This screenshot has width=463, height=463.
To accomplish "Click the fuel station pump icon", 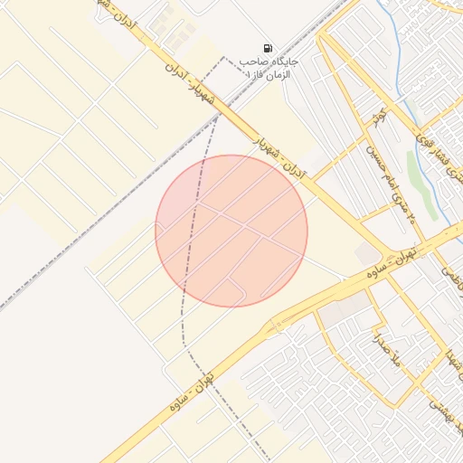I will click(268, 48).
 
